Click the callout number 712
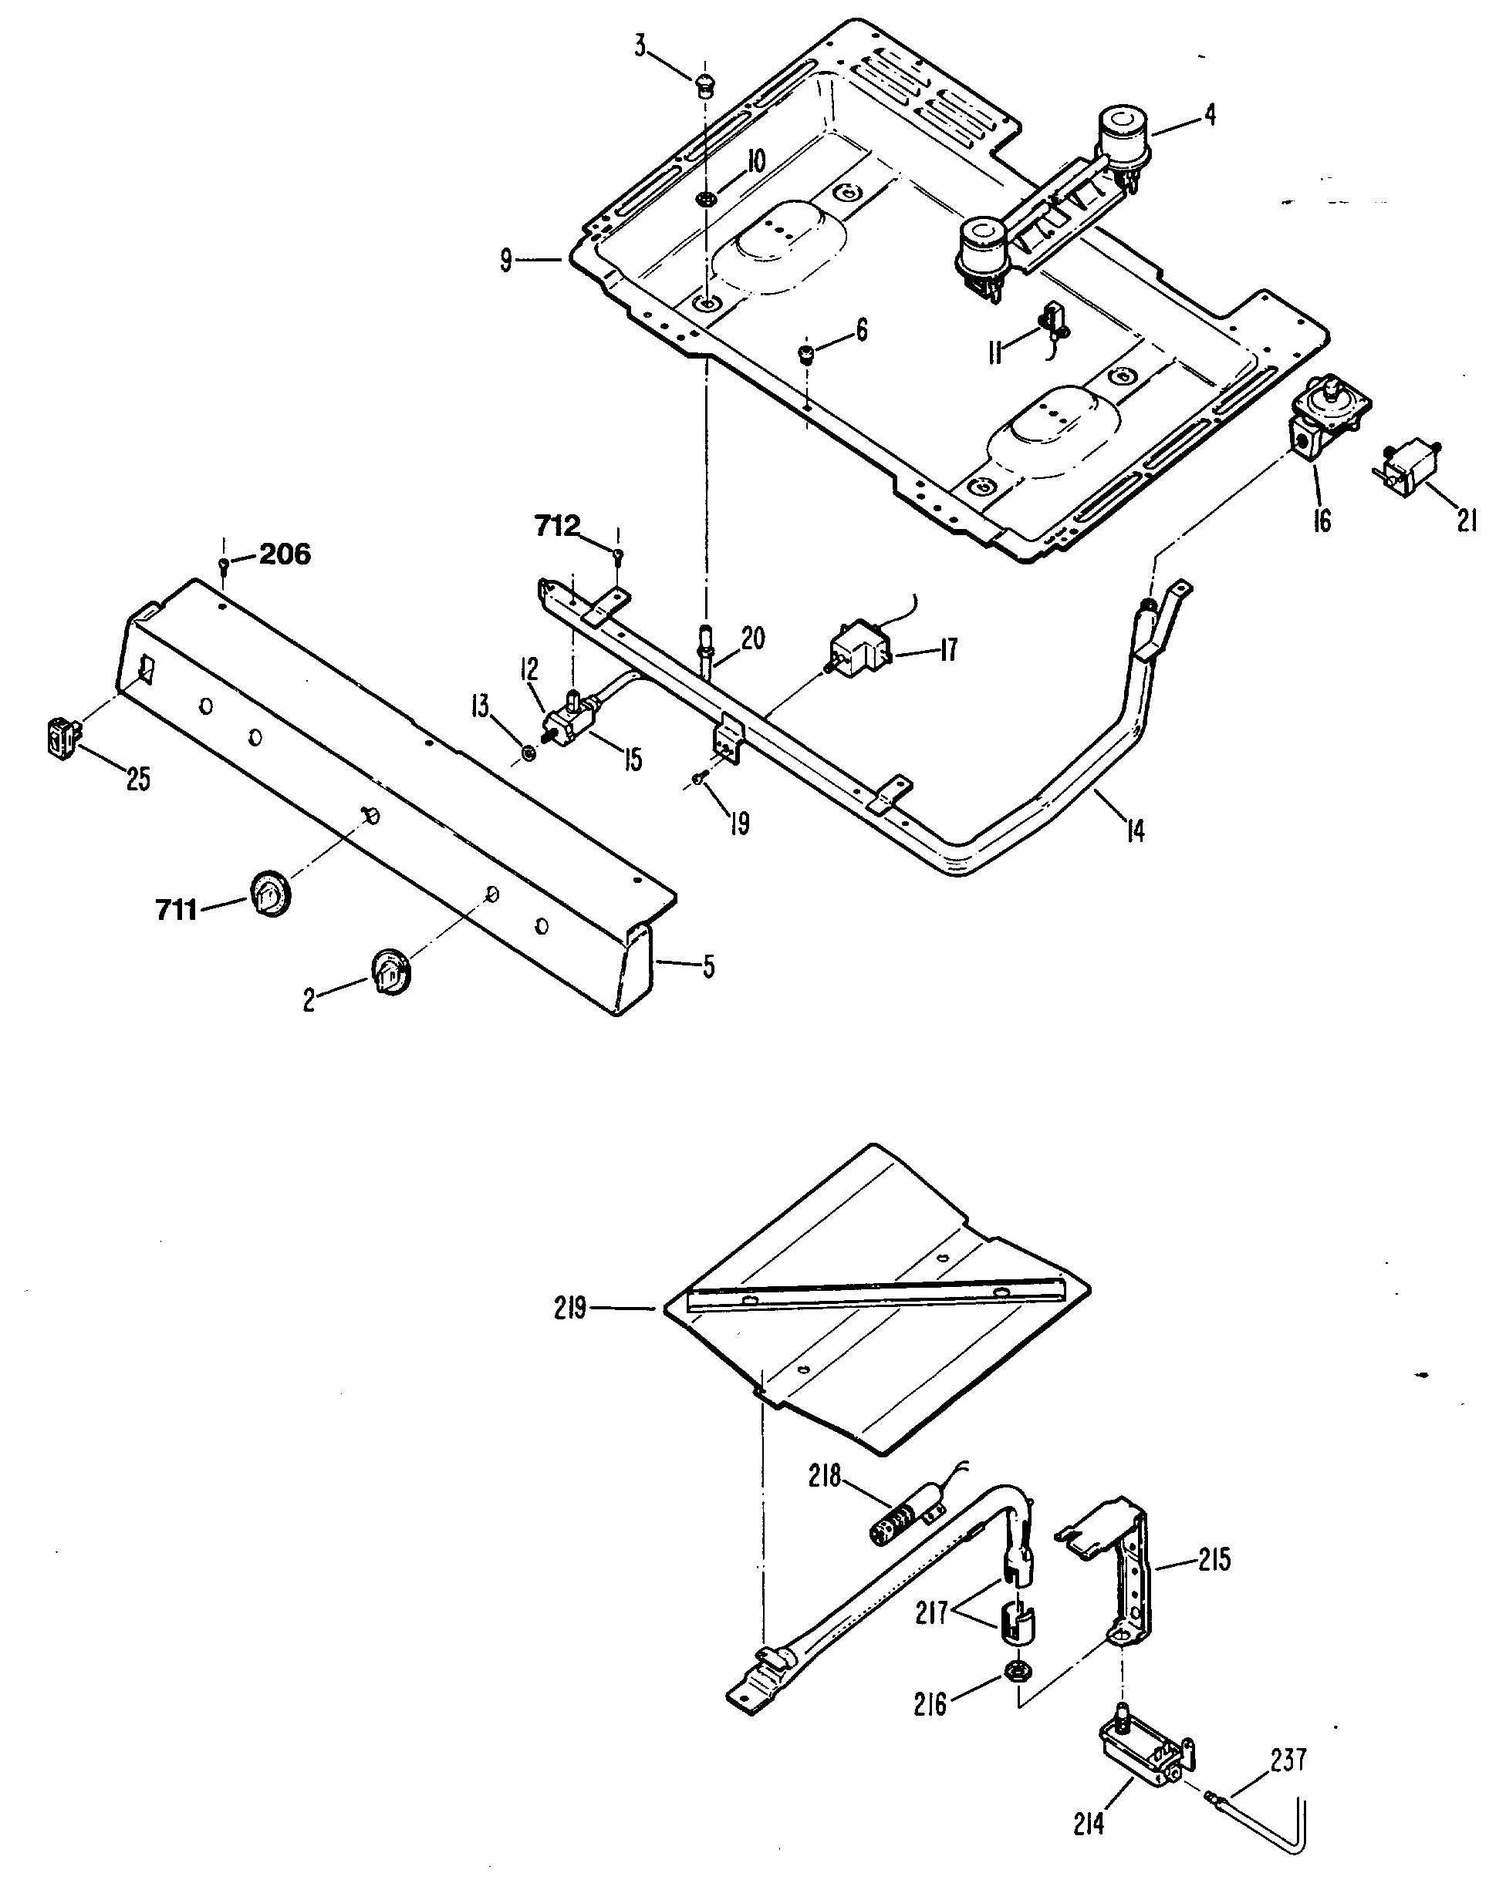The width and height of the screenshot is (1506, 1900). point(557,526)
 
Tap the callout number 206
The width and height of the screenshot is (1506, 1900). point(284,554)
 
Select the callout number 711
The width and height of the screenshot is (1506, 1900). point(177,909)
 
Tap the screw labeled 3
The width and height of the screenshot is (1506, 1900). point(703,86)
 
